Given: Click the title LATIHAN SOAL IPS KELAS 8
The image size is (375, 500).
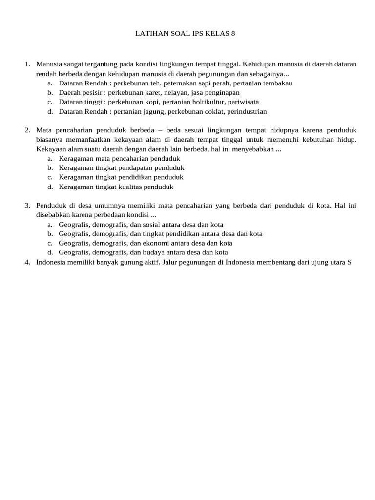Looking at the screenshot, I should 188,34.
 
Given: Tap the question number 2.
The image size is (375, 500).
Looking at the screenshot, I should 27,130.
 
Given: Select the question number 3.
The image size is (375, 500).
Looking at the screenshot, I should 27,206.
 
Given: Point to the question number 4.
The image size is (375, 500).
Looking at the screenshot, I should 27,262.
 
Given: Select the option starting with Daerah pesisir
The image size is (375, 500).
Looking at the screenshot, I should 149,93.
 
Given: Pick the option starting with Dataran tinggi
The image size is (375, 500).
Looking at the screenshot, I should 159,102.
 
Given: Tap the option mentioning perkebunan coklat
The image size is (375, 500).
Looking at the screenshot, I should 163,111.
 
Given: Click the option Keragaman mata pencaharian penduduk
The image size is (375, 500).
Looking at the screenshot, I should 119,159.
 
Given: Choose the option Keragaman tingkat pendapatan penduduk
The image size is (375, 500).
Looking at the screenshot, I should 121,168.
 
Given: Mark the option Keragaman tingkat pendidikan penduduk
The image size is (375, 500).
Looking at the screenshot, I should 121,177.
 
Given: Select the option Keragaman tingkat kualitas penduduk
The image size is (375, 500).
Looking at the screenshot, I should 116,187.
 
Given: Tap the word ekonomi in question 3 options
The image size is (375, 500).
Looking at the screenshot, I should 156,243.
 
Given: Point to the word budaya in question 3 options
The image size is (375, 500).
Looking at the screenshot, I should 154,252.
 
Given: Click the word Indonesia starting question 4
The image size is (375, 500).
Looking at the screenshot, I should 52,262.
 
